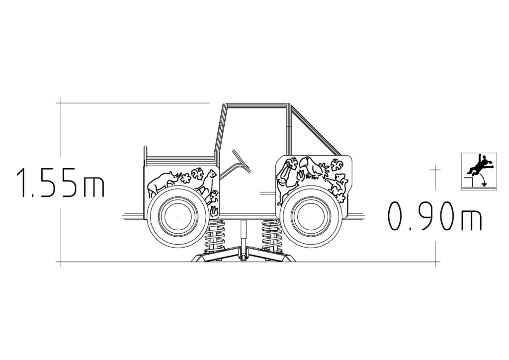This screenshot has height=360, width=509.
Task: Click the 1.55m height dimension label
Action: pos(60,183)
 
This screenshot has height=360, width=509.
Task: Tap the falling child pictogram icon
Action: pos(479,172)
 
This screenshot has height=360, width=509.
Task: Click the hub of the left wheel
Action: pos(178,216)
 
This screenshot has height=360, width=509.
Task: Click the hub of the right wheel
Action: pos(311,216)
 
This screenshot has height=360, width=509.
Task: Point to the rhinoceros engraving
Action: pos(163,184)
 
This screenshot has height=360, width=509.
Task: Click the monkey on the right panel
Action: pos(287,182)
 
